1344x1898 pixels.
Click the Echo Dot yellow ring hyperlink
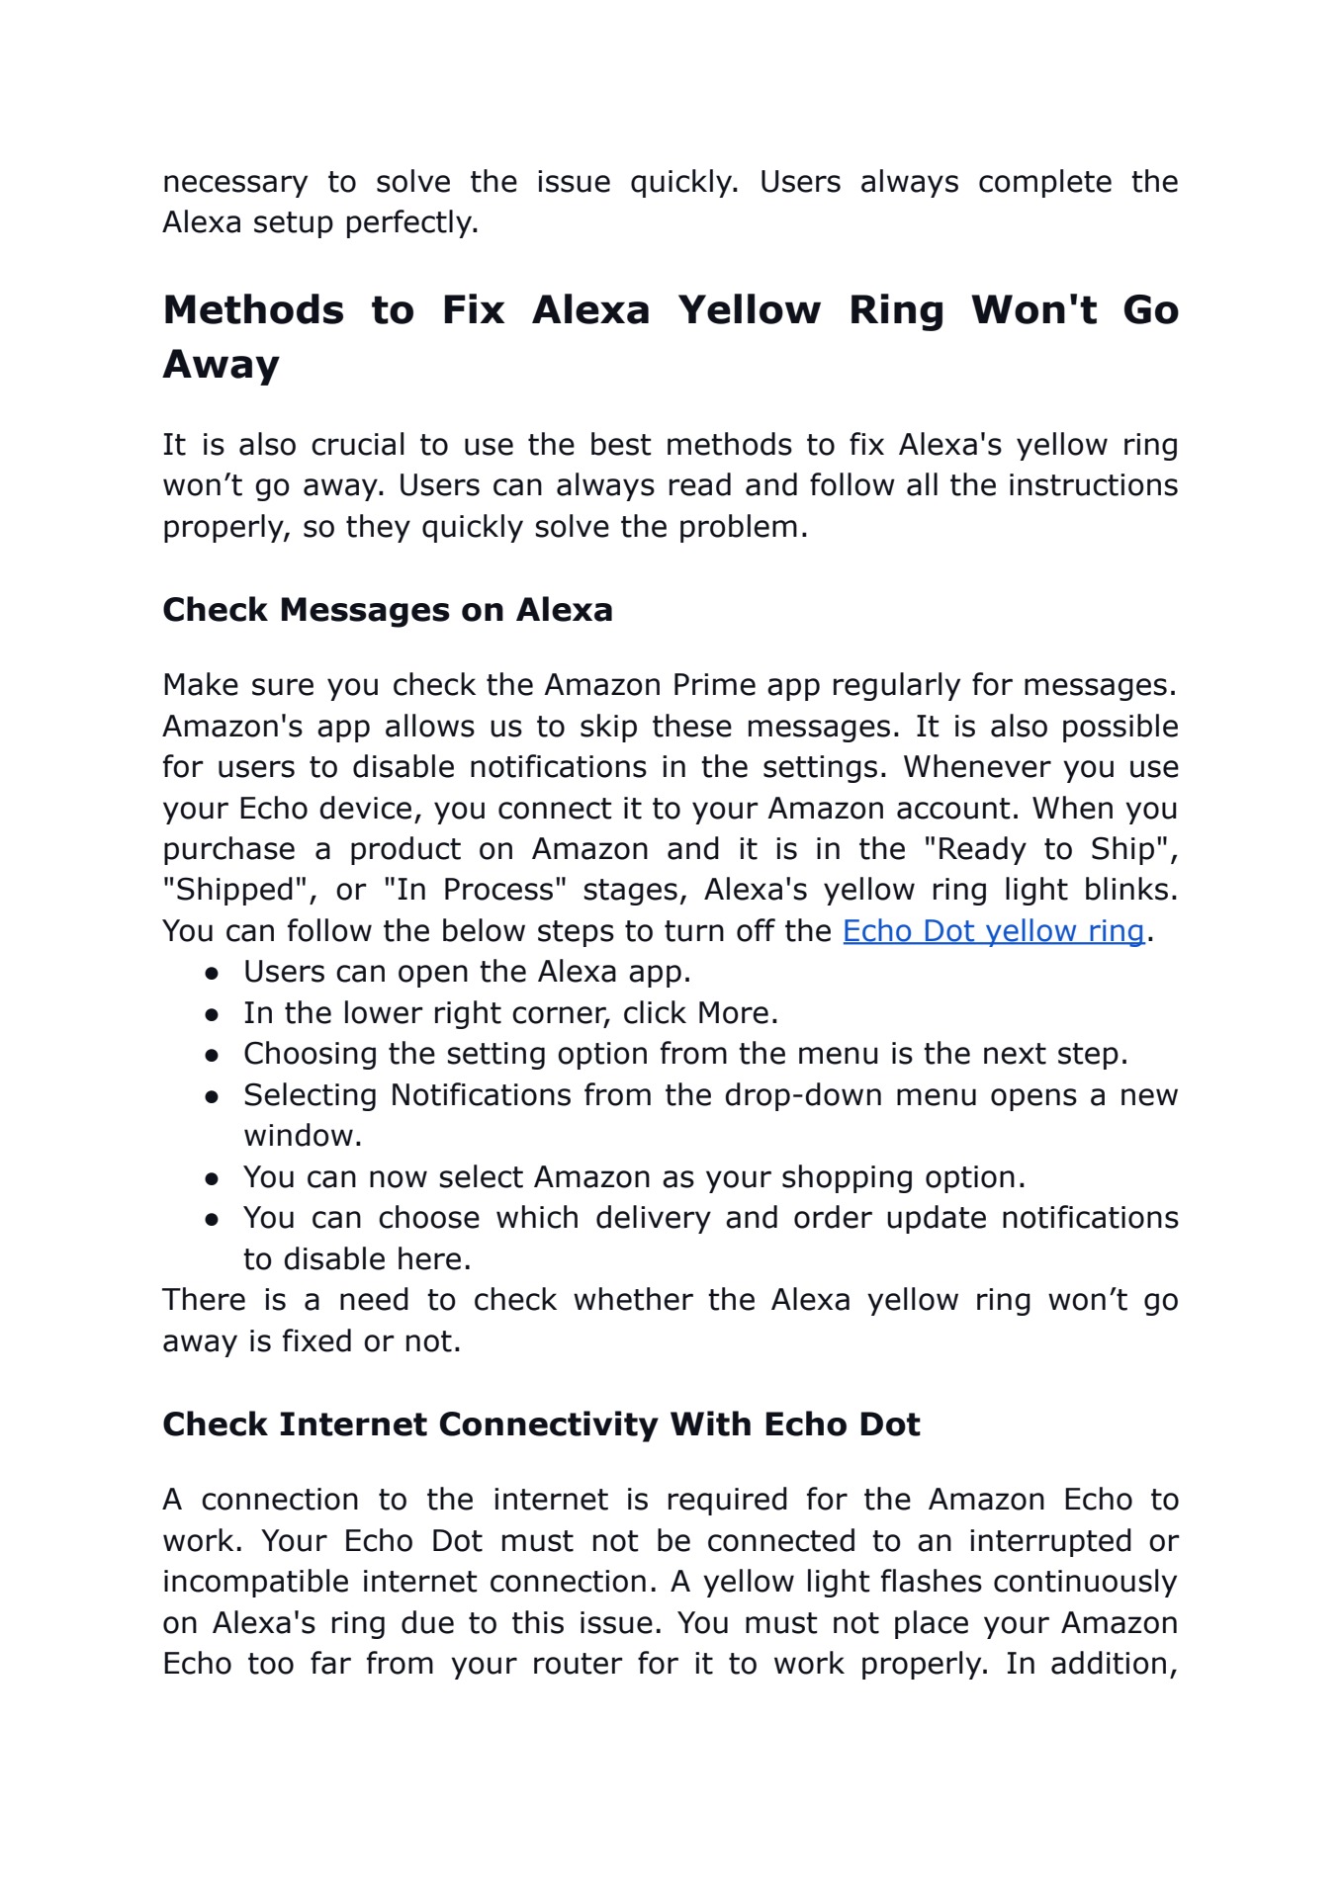[993, 931]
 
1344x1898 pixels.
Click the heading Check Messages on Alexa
[388, 610]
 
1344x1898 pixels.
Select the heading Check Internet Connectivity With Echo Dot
[541, 1424]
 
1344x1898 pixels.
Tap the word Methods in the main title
[253, 310]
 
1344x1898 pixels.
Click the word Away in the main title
[222, 365]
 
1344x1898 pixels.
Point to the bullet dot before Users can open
[212, 974]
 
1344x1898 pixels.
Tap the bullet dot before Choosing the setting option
[212, 1056]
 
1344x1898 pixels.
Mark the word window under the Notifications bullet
[303, 1136]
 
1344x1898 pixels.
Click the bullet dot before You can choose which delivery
[212, 1220]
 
